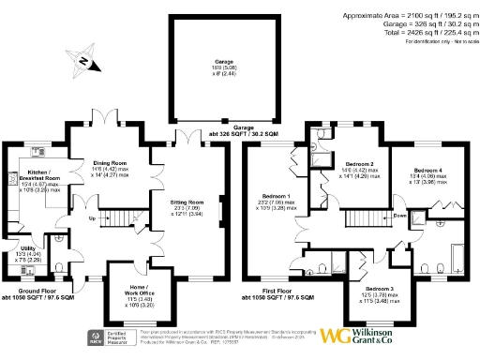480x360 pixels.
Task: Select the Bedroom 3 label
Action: point(380,289)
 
